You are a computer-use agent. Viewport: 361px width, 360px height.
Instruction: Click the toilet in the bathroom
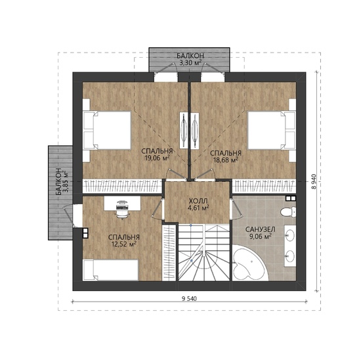click(288, 212)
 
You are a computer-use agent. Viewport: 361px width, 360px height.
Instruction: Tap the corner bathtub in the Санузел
click(249, 263)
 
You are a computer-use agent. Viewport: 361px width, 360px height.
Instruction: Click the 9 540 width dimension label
click(189, 299)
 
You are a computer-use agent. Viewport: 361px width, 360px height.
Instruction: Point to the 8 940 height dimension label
click(314, 181)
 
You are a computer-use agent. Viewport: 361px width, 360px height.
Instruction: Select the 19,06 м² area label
click(158, 158)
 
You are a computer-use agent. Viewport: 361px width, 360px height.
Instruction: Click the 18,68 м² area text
click(226, 160)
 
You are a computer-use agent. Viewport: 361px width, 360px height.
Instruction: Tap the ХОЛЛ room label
click(198, 200)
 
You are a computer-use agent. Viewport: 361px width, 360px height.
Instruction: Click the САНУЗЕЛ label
click(260, 229)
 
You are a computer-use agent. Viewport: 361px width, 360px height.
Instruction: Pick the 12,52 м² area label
click(124, 244)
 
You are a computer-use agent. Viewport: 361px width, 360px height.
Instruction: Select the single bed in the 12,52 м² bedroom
click(110, 270)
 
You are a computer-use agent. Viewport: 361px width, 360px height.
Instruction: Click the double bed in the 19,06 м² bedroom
click(107, 130)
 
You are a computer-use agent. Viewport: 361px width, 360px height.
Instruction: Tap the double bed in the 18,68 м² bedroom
click(272, 130)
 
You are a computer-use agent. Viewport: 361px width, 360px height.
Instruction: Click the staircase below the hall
click(204, 253)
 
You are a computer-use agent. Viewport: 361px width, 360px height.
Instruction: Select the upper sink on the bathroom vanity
click(291, 235)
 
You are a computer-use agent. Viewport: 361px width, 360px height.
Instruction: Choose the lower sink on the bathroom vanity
click(291, 256)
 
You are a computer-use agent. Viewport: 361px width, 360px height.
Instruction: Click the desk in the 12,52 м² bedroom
click(122, 203)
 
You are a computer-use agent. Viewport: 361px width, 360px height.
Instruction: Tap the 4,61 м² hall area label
click(198, 208)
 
